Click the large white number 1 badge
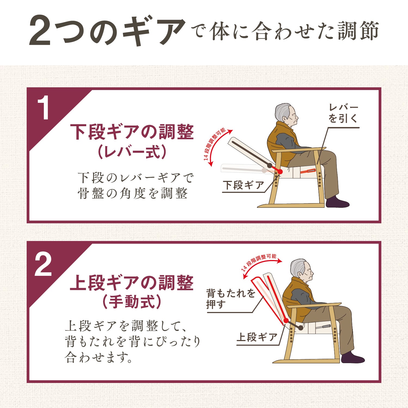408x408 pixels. tap(43, 108)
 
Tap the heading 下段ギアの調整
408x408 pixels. tap(132, 132)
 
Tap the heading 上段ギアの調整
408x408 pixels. tap(132, 283)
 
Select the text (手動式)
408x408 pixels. tap(132, 302)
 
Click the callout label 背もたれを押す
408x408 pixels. tap(231, 299)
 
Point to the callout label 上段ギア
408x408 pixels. tap(257, 337)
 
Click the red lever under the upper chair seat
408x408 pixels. tap(308, 171)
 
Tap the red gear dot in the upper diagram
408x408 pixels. tap(280, 172)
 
